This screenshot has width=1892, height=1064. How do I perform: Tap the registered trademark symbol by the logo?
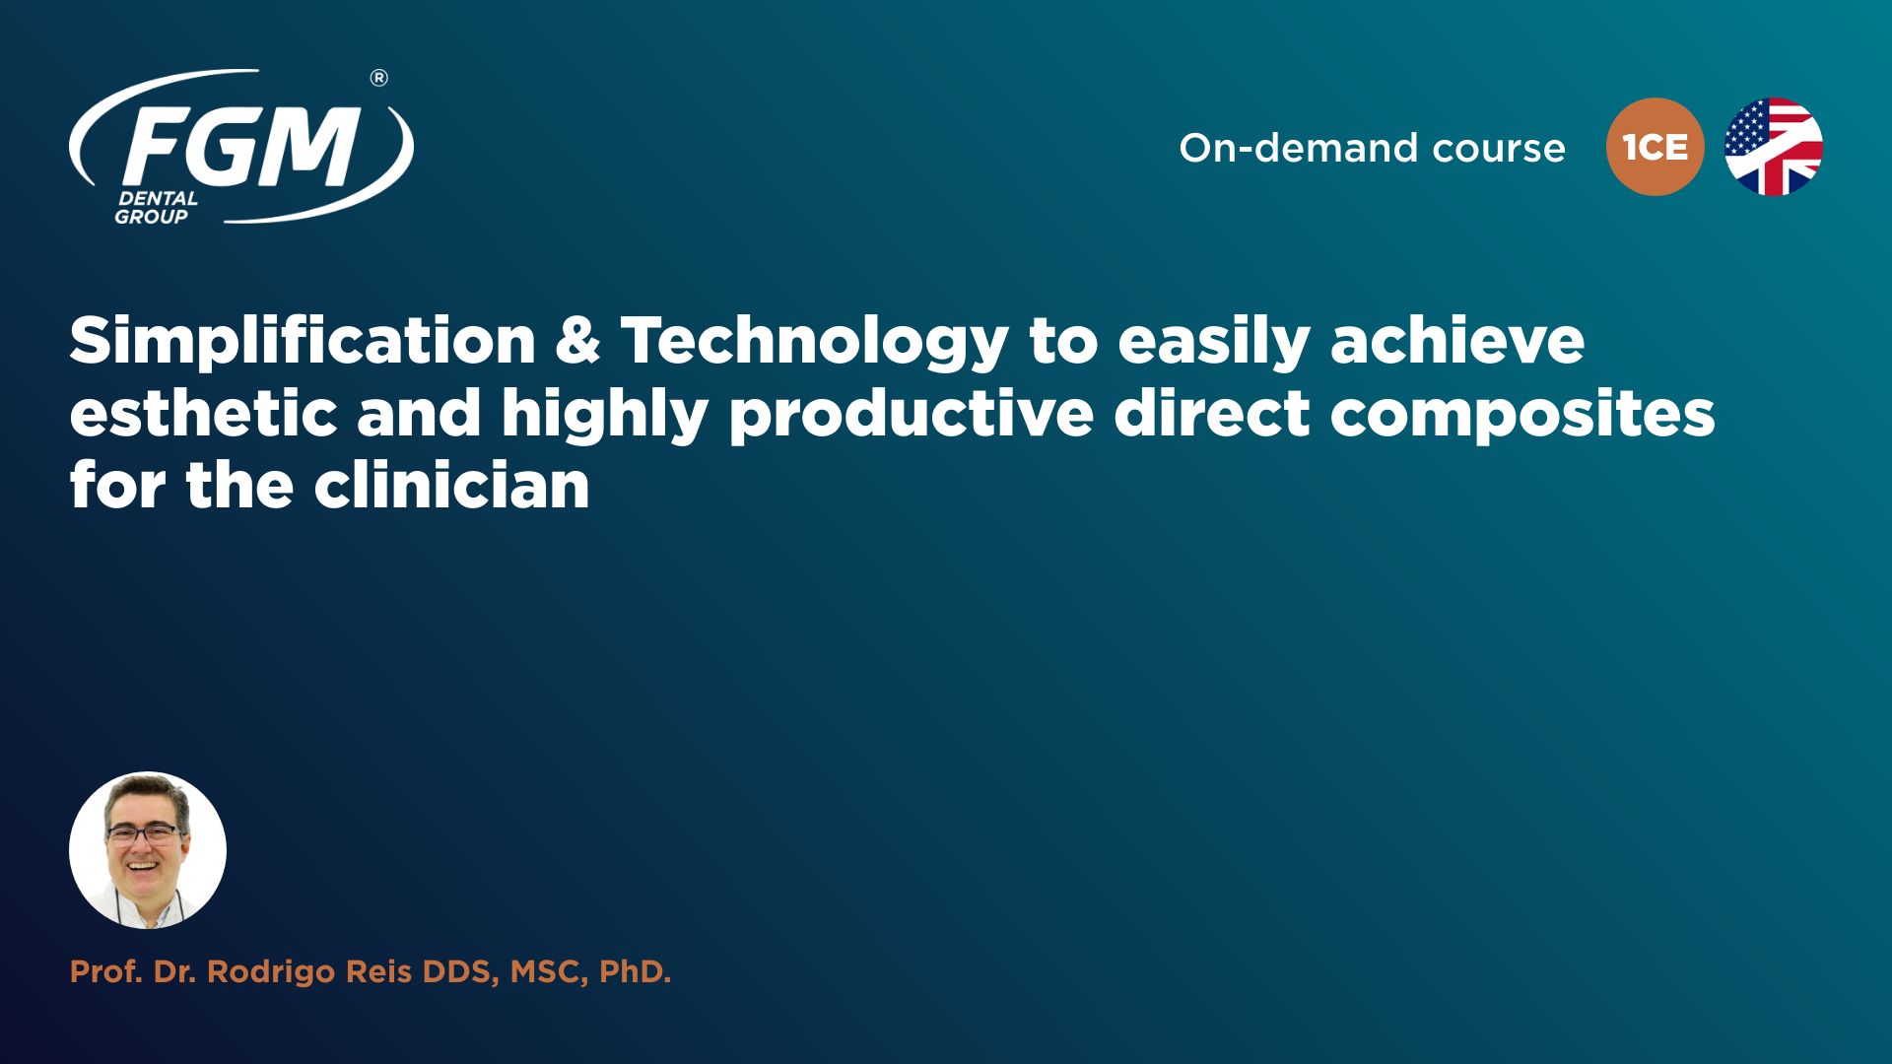[378, 78]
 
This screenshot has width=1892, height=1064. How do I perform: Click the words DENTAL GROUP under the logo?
[156, 207]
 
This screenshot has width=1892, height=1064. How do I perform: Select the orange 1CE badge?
[1655, 147]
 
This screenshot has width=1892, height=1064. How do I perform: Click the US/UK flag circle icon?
[1773, 147]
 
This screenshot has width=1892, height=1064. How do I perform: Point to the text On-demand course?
[1372, 148]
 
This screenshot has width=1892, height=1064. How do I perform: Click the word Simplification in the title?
[303, 342]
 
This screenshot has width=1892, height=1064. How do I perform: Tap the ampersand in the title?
[577, 341]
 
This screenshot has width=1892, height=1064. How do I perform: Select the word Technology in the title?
[814, 342]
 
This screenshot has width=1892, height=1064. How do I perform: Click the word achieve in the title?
[1457, 340]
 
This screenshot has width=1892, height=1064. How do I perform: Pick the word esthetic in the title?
[204, 413]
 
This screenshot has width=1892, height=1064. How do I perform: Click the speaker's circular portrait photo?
[148, 850]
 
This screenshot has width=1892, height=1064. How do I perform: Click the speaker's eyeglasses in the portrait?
[145, 834]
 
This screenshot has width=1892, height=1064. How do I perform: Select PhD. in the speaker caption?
[635, 972]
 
